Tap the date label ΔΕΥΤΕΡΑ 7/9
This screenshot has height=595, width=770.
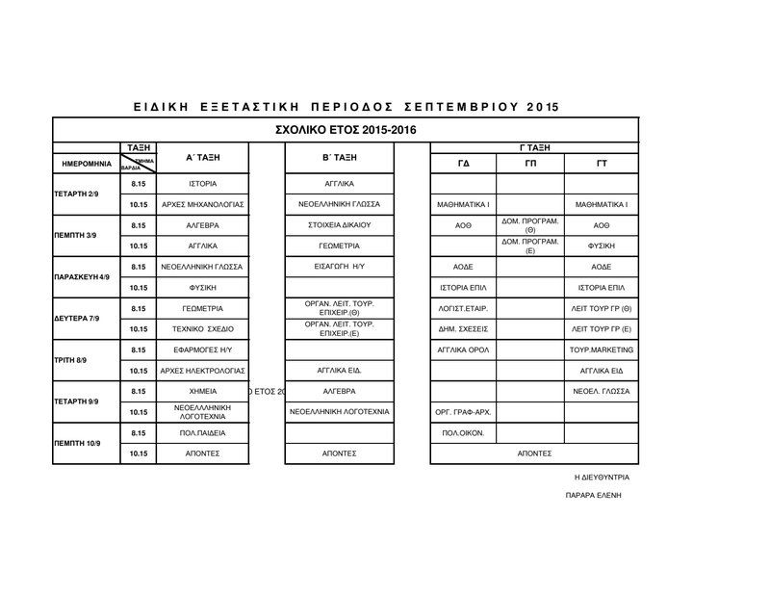[79, 318]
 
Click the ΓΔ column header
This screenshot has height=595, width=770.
[463, 164]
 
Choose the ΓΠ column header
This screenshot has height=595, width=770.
[531, 164]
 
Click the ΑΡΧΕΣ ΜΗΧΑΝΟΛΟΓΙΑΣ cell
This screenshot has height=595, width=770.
[203, 205]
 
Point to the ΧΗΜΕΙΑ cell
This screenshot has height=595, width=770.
[203, 391]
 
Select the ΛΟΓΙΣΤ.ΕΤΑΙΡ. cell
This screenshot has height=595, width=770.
[463, 308]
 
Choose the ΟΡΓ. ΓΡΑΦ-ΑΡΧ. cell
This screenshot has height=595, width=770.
[463, 412]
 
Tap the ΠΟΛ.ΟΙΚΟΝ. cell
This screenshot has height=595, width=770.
[463, 432]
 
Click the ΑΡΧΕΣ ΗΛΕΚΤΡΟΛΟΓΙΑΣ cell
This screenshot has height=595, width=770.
[203, 370]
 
